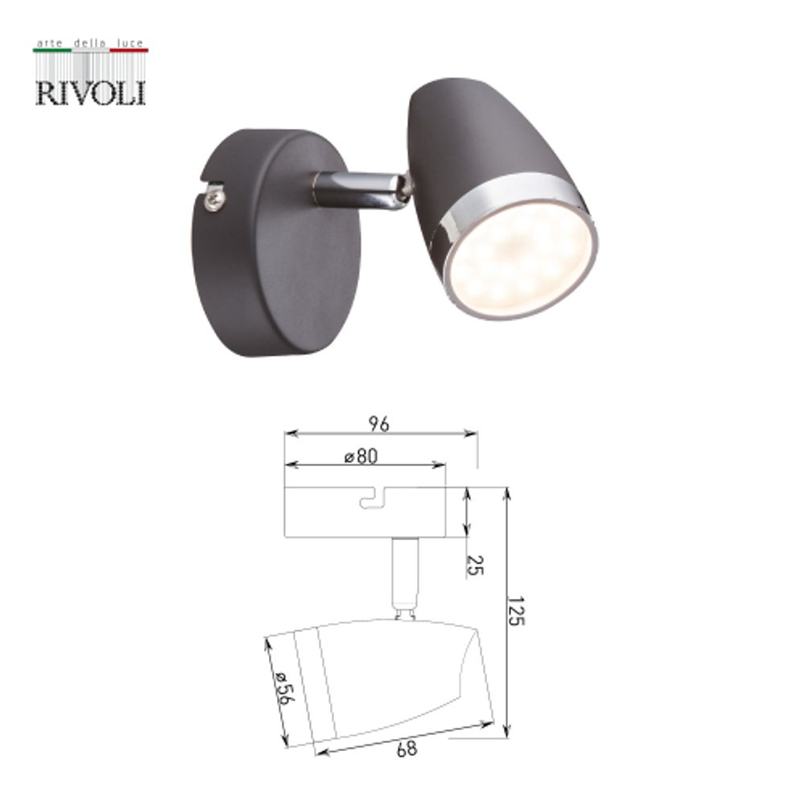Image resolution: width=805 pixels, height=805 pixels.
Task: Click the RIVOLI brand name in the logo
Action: (x=90, y=91)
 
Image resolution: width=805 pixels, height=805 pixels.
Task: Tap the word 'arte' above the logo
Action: (x=50, y=41)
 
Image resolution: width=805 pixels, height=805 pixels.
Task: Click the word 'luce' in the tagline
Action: (x=130, y=41)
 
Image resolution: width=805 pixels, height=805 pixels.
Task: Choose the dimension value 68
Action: (x=407, y=749)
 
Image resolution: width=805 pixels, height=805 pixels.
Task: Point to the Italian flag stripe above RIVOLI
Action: (x=90, y=51)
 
